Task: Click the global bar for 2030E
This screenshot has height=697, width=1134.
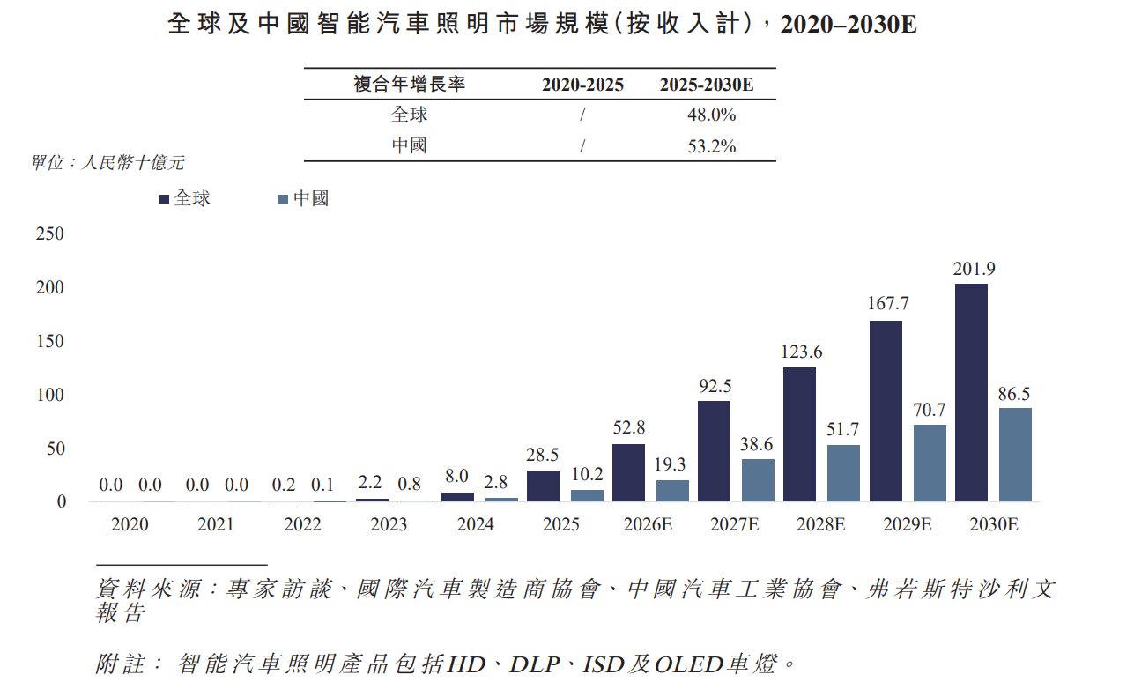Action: [971, 392]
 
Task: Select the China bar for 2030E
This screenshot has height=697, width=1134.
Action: [1015, 455]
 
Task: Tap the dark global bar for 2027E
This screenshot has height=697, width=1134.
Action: [714, 451]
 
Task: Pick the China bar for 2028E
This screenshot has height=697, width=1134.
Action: [843, 473]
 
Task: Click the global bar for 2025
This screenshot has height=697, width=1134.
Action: [543, 486]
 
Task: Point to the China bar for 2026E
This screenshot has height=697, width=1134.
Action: [672, 491]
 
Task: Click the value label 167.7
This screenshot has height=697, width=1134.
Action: [888, 303]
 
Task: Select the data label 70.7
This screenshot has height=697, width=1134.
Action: [929, 410]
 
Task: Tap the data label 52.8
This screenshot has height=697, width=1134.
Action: [629, 427]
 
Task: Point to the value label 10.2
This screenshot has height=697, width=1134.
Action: [587, 474]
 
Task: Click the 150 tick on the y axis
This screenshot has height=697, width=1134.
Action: [50, 341]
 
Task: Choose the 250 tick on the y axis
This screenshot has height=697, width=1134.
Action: [50, 234]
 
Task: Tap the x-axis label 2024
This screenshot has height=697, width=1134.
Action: [475, 524]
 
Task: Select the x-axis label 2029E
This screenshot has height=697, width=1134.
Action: [908, 524]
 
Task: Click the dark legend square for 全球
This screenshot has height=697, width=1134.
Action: [164, 199]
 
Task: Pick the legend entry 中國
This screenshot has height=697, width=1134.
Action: [304, 198]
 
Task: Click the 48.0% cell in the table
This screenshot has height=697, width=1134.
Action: [711, 115]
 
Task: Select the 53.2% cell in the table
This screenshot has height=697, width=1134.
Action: [711, 146]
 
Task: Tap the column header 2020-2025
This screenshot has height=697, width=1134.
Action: [582, 85]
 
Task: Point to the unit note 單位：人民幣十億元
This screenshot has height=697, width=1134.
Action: [107, 162]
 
